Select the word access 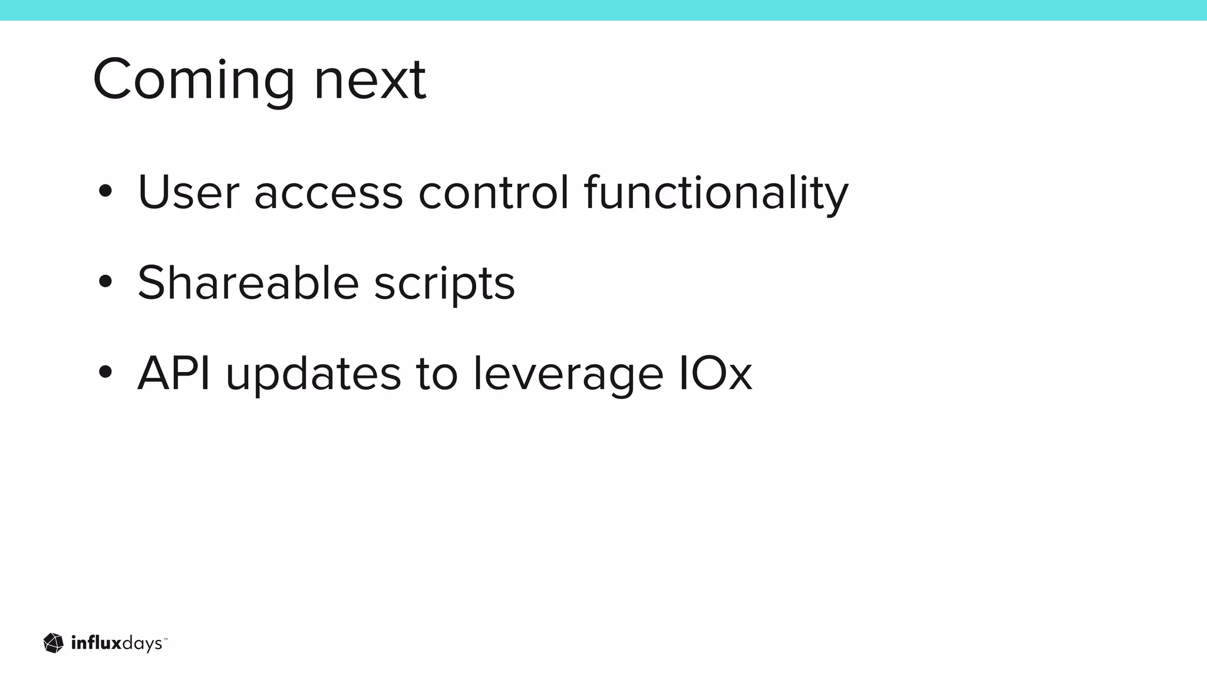[328, 195]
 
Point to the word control [494, 192]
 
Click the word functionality [716, 193]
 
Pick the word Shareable [248, 283]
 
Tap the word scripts [444, 285]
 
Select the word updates [313, 375]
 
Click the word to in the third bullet [437, 374]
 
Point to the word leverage [568, 375]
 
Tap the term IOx [715, 373]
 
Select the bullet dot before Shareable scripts [105, 282]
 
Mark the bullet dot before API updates [105, 373]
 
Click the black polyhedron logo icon [54, 643]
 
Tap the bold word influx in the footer [95, 643]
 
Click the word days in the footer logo [141, 644]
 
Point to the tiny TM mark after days [166, 638]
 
